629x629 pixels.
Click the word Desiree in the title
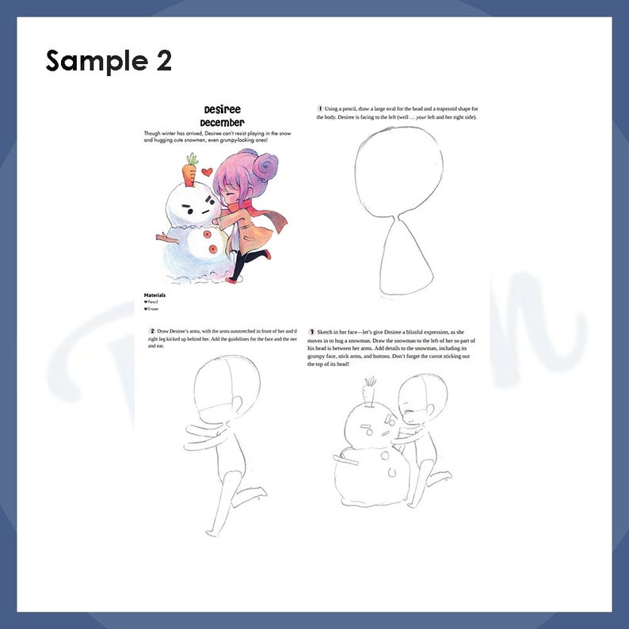click(222, 109)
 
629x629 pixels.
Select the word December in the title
click(222, 123)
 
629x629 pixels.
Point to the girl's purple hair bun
click(266, 166)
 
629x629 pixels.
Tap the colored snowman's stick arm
click(165, 237)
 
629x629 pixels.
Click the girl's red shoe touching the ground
click(234, 278)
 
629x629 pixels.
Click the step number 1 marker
click(320, 109)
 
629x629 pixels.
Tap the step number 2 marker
click(152, 330)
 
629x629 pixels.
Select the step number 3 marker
click(313, 330)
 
